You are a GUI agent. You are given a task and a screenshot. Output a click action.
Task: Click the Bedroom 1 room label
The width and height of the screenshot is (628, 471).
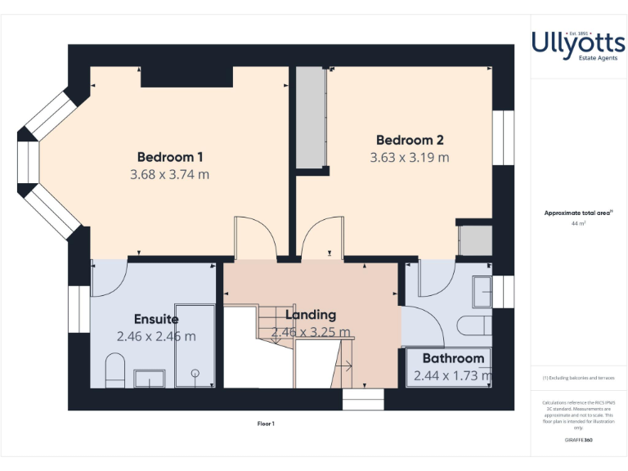[170, 157]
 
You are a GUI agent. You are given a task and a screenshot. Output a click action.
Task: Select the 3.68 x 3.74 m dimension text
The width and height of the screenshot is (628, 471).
[170, 174]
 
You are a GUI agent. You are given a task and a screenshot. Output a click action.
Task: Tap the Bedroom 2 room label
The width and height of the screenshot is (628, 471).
[410, 140]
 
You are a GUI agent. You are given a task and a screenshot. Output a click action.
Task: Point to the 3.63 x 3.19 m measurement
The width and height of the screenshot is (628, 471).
[410, 157]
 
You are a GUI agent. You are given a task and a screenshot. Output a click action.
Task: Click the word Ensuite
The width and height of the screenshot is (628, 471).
[156, 319]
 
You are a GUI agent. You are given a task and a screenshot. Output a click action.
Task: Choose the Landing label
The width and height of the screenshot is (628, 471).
[311, 315]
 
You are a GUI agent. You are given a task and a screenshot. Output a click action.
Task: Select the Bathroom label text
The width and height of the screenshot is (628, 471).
[453, 358]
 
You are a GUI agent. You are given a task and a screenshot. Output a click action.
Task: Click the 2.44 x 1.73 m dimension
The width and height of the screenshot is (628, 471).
[453, 376]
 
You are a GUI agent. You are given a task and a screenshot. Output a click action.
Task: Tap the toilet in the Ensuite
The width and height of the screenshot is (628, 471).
[115, 370]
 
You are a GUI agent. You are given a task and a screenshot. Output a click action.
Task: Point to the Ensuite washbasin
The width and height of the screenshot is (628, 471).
[150, 378]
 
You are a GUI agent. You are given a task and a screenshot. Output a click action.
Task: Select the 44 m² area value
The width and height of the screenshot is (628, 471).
[579, 222]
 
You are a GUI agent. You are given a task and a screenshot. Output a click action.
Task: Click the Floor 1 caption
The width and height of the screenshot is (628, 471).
[267, 424]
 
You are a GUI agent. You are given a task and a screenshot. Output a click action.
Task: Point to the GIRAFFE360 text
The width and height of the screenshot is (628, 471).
[579, 441]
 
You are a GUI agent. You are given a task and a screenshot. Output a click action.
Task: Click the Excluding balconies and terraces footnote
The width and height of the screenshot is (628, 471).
[579, 378]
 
